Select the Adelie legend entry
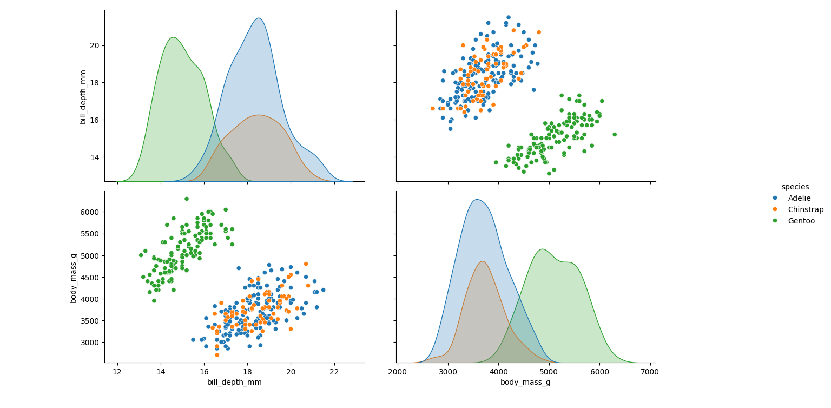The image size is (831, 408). click(799, 198)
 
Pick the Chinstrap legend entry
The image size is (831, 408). click(805, 209)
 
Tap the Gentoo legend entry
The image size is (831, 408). click(801, 221)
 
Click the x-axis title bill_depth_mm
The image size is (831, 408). click(234, 382)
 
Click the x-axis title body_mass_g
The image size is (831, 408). click(526, 382)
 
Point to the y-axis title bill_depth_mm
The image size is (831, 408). click(83, 96)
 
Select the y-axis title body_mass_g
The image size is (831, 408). click(74, 277)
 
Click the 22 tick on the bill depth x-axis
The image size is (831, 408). click(334, 371)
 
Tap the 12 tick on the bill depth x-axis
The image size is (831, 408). click(117, 371)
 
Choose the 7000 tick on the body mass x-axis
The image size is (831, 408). click(650, 371)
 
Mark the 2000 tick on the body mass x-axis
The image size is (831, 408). click(398, 371)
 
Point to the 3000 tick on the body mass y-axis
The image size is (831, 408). click(90, 342)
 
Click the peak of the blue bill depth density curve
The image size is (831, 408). click(259, 18)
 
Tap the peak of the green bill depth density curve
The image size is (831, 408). click(173, 37)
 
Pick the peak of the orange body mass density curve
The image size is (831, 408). click(483, 261)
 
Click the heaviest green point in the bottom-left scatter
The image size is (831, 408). click(187, 199)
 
